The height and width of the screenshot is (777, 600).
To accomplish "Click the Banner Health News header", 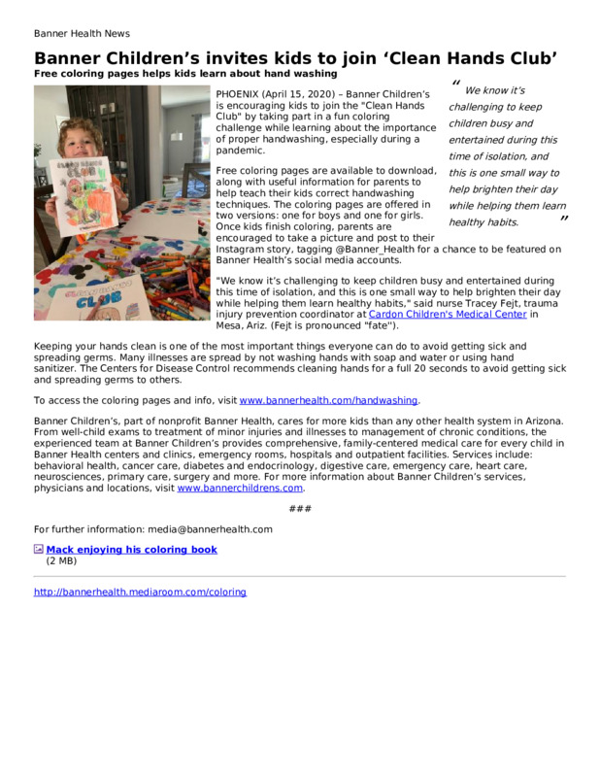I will click(x=82, y=33).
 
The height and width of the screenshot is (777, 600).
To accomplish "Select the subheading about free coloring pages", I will click(x=185, y=73).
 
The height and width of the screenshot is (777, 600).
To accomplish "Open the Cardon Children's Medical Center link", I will click(x=448, y=315).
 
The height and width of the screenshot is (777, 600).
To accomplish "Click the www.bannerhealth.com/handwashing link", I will click(x=329, y=400).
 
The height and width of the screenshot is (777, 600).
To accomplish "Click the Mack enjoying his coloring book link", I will click(x=132, y=550).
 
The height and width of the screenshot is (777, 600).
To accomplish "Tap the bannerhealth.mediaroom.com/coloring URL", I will click(x=140, y=591).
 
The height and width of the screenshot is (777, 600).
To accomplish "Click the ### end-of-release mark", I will click(x=300, y=509).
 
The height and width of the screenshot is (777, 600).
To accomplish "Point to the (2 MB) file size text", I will click(x=61, y=560).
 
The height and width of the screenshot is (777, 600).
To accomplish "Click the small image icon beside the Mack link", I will click(x=39, y=550).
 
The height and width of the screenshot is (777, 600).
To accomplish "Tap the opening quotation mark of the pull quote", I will click(x=456, y=84).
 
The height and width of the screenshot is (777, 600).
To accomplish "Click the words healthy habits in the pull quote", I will click(x=483, y=222).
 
